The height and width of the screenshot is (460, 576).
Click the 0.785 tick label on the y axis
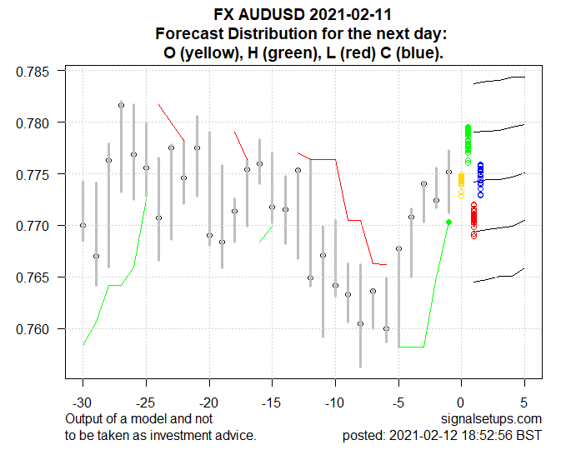(x=34, y=72)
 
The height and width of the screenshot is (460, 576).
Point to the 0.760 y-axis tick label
(x=34, y=329)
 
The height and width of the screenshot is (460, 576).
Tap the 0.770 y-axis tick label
(x=34, y=226)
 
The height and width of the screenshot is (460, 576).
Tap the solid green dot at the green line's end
(x=449, y=222)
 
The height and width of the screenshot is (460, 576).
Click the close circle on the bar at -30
(x=83, y=225)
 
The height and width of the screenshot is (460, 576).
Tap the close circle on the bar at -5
(x=399, y=248)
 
